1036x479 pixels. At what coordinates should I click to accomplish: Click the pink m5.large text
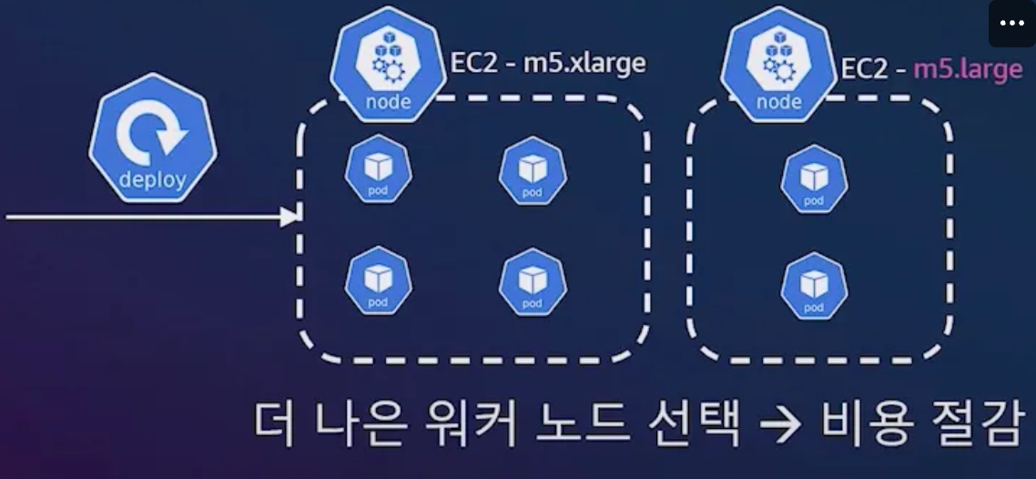968,69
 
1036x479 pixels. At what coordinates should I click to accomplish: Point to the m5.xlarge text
585,63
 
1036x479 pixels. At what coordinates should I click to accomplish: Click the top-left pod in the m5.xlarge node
378,172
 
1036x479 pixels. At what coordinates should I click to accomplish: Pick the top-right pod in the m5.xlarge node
532,172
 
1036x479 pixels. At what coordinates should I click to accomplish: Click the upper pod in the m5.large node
813,180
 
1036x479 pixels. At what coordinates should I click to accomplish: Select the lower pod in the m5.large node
813,286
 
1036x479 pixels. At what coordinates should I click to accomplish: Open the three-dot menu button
1012,24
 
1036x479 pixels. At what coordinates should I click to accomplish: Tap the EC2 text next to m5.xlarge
474,64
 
